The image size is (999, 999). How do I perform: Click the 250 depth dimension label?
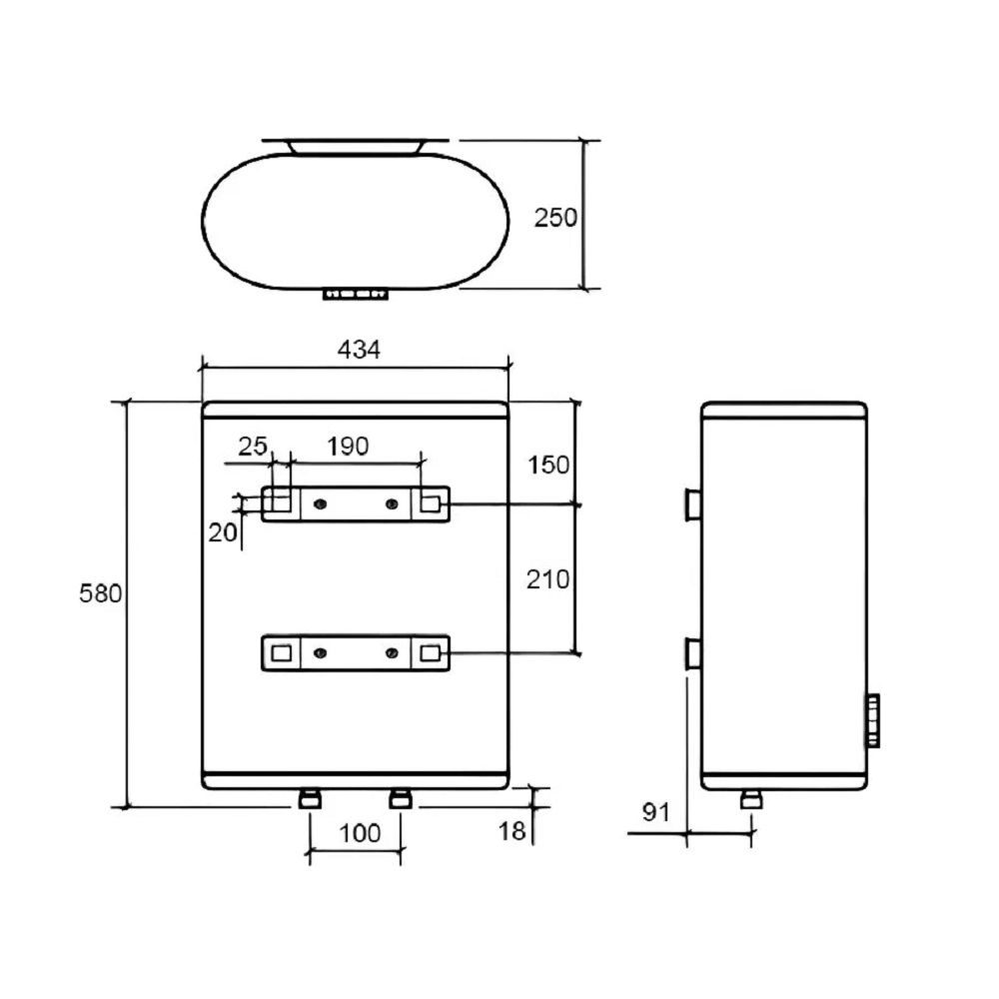(555, 218)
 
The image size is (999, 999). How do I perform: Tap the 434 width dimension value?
(359, 349)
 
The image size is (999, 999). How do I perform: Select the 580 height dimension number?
(100, 593)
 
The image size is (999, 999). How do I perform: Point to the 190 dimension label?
(348, 446)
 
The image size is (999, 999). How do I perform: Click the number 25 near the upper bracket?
(253, 446)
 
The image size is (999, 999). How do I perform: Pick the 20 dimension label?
(223, 532)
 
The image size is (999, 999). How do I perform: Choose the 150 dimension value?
(548, 466)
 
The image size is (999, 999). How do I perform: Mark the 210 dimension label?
(547, 579)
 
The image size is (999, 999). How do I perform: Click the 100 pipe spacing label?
(360, 833)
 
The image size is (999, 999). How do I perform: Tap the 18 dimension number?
(511, 831)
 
